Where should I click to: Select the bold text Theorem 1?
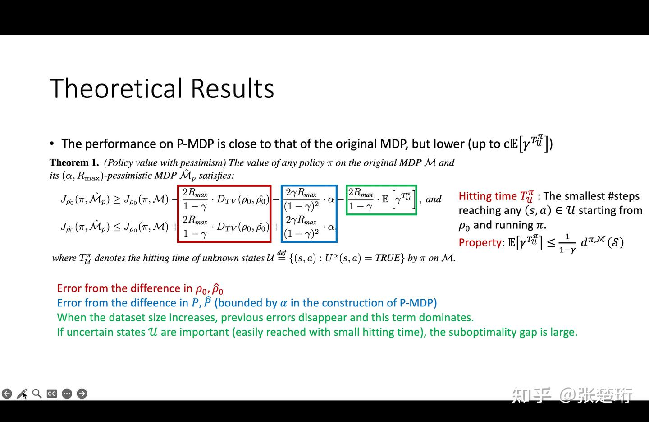(x=74, y=162)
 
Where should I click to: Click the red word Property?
(x=480, y=242)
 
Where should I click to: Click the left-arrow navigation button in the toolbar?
(x=7, y=394)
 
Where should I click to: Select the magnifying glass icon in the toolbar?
(x=37, y=394)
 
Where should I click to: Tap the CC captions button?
(x=52, y=394)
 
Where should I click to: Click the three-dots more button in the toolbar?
(x=67, y=394)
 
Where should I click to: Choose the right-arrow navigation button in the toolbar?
(x=82, y=394)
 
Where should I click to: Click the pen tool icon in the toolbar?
(x=22, y=394)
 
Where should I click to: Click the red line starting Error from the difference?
(x=140, y=288)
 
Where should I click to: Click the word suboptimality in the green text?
(x=488, y=332)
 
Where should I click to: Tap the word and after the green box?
(x=434, y=199)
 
